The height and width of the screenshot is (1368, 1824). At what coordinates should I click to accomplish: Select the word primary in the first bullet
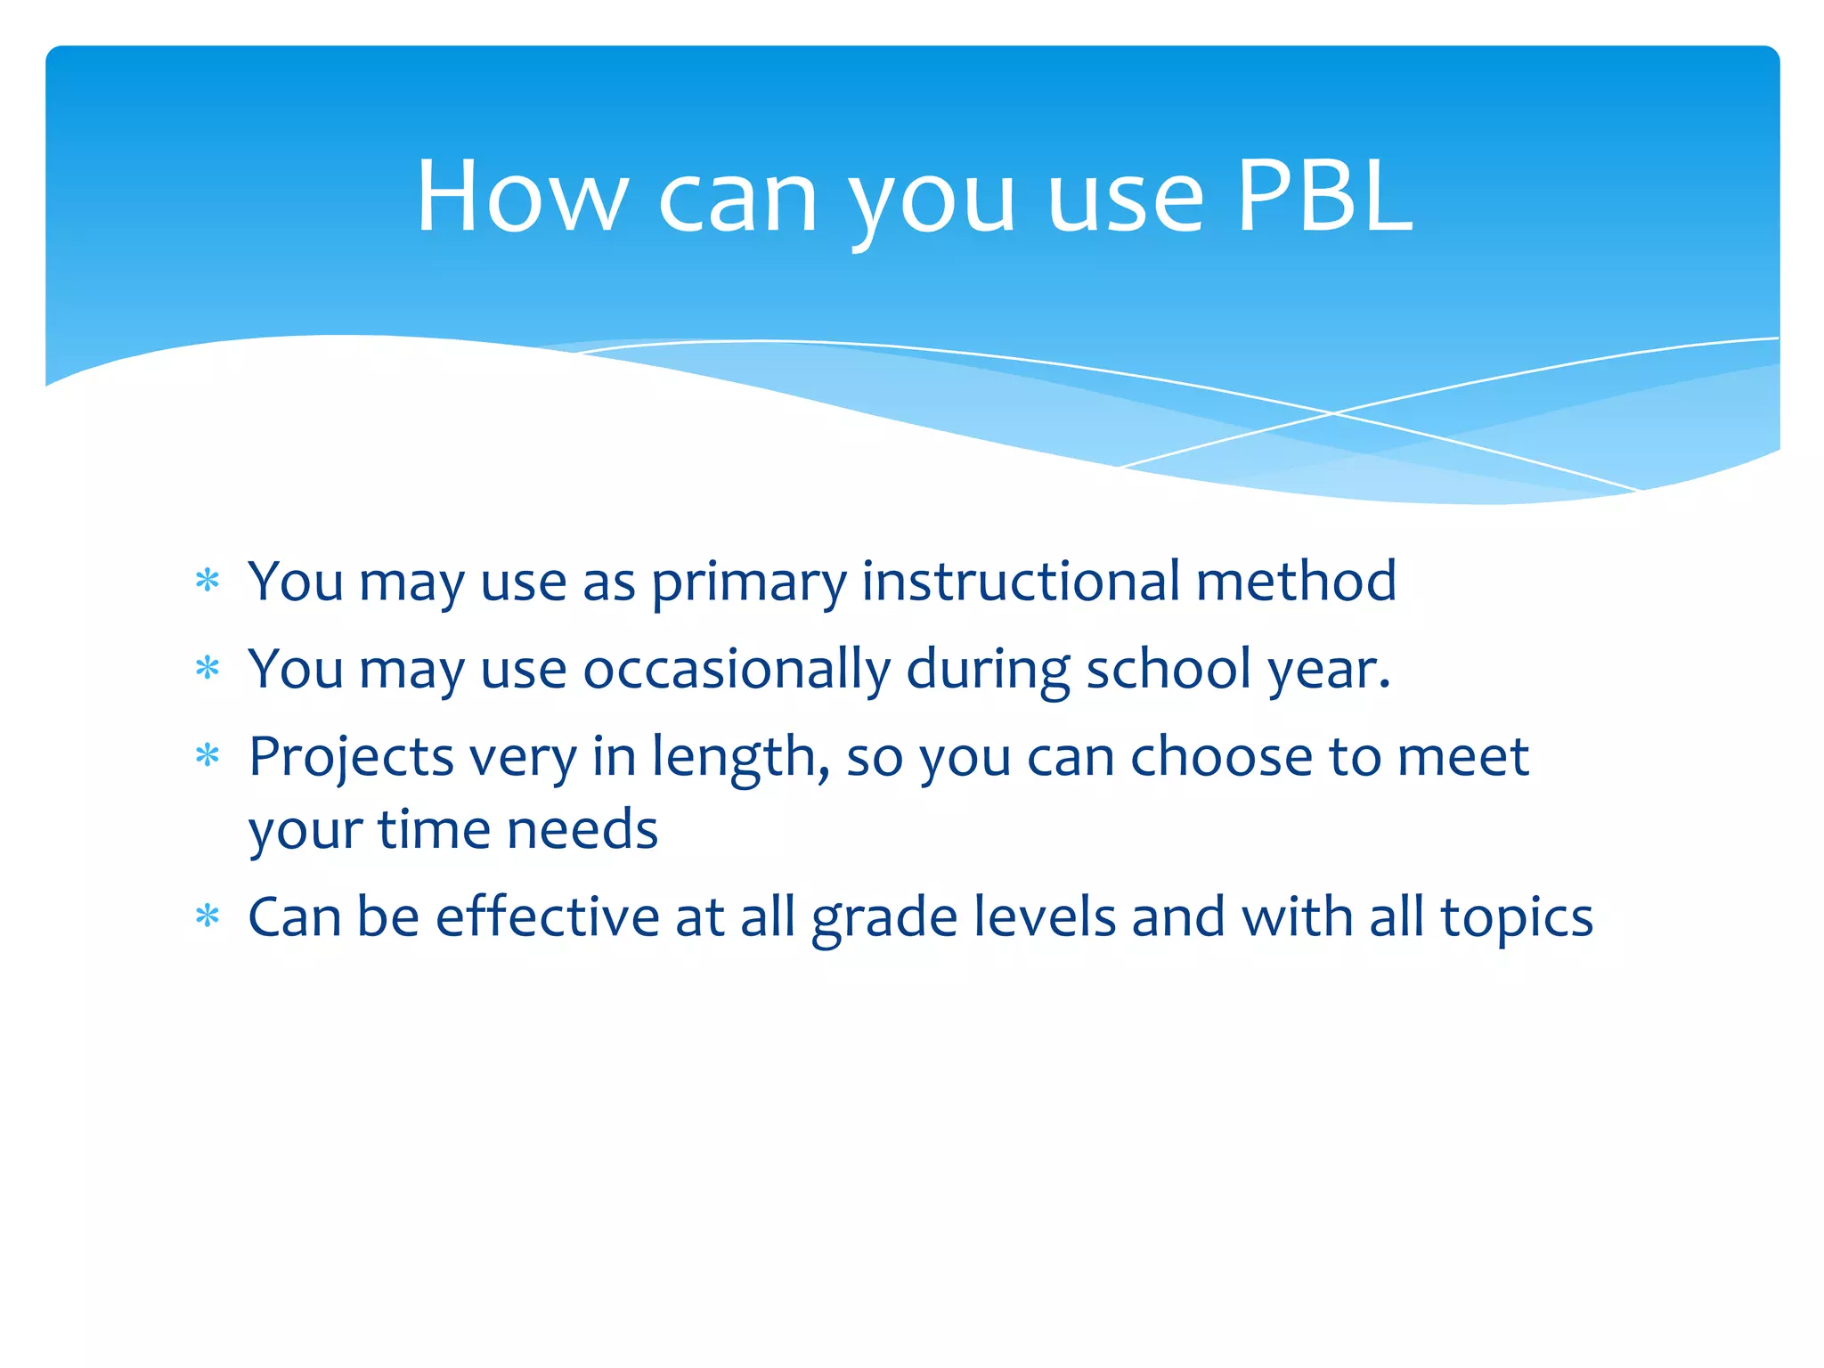tap(748, 583)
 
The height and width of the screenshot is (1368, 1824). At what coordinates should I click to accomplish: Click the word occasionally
tap(736, 670)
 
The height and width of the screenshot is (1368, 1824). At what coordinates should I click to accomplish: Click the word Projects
tap(351, 759)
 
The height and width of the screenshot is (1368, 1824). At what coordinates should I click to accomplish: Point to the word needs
tap(582, 829)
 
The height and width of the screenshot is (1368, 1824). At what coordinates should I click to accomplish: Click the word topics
tap(1517, 920)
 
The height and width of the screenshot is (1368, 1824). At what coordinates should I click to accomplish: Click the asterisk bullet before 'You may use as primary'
tap(208, 582)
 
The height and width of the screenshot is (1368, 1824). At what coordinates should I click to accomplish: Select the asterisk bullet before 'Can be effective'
tap(208, 916)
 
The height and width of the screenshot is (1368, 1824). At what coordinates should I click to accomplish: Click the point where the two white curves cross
tap(1333, 413)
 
